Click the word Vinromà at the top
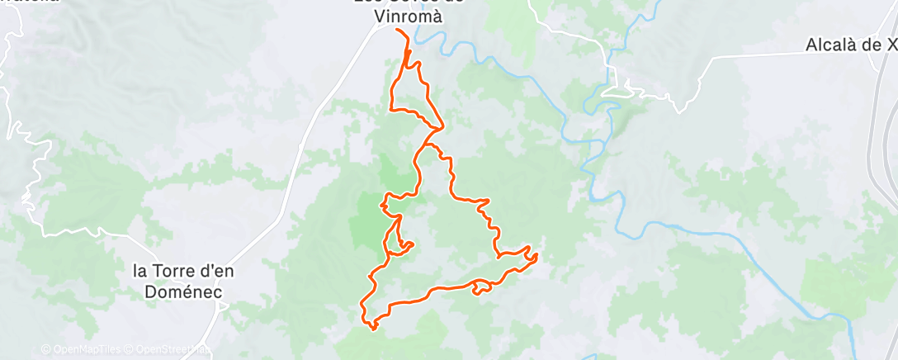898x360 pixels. pyautogui.click(x=408, y=16)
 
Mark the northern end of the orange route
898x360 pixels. pyautogui.click(x=398, y=31)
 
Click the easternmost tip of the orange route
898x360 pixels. pyautogui.click(x=536, y=256)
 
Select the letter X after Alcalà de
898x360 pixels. pyautogui.click(x=890, y=45)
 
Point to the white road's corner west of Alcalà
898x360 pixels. pyautogui.click(x=711, y=59)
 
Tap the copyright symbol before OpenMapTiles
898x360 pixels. pyautogui.click(x=46, y=349)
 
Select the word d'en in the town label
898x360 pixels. pyautogui.click(x=217, y=271)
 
